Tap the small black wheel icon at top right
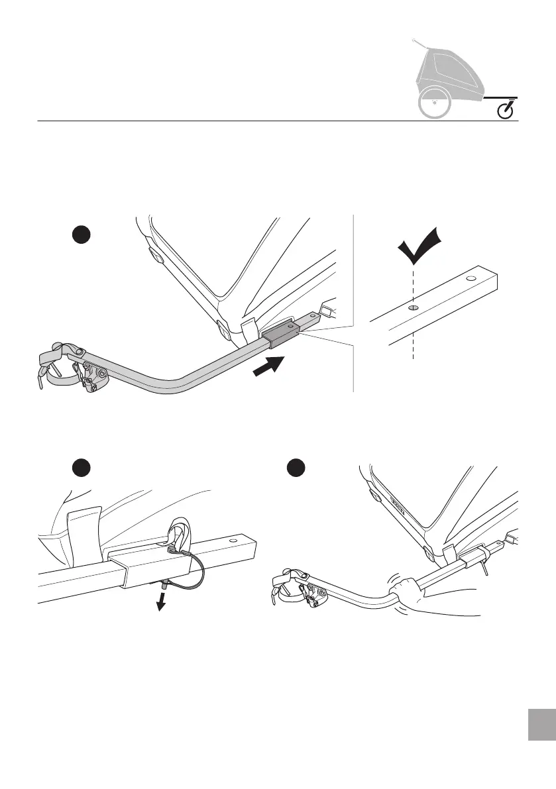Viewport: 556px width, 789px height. pos(507,110)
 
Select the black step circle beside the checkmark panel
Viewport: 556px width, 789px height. pos(82,237)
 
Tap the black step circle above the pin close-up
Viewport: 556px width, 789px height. pos(82,468)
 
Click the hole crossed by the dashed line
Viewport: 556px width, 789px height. pos(412,307)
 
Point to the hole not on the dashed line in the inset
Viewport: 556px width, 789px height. pos(471,279)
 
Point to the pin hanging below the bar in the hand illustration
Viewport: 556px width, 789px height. pos(486,568)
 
